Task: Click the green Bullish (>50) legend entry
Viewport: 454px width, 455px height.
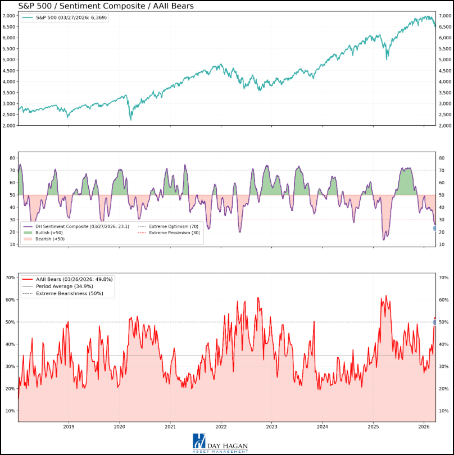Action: [x=51, y=233]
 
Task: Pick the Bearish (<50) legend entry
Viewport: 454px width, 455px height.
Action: [x=51, y=239]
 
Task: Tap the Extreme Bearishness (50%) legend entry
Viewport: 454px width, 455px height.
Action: [x=70, y=293]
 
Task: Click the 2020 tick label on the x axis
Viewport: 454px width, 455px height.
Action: [x=119, y=427]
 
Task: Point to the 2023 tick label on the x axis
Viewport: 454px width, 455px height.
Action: [x=271, y=427]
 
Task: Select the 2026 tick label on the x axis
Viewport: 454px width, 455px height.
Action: [x=424, y=427]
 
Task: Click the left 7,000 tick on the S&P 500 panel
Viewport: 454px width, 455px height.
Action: [x=10, y=16]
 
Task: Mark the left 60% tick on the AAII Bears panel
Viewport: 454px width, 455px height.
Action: [x=10, y=300]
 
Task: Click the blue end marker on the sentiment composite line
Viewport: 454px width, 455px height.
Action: [x=435, y=228]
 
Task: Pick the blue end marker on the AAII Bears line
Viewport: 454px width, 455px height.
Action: [x=435, y=322]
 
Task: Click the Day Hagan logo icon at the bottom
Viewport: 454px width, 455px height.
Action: [x=198, y=440]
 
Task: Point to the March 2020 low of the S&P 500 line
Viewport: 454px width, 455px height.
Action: [x=131, y=119]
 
